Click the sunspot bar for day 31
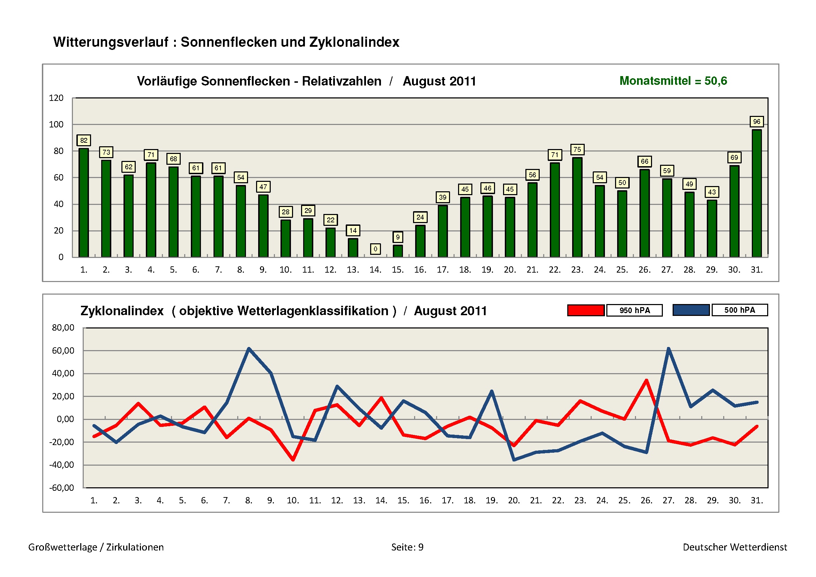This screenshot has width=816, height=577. point(756,194)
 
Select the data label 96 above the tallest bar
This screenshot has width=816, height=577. point(757,121)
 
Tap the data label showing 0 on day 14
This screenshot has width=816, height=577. point(375,249)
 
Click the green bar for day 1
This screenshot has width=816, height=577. point(83,203)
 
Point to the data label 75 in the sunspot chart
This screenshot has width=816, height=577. point(577,149)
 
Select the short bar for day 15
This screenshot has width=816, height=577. point(398,251)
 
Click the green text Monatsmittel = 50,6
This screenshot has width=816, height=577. point(673,81)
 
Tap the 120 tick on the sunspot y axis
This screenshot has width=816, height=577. point(56,98)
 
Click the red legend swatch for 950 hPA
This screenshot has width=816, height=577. point(586,310)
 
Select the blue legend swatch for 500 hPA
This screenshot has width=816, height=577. point(691,310)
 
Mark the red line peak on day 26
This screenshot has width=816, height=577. point(646,380)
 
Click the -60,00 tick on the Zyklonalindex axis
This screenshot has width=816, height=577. point(61,487)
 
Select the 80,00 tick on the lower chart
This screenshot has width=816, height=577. point(63,327)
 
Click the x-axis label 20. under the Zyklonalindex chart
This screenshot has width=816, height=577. point(514,500)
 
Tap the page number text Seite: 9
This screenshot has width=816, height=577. point(407,547)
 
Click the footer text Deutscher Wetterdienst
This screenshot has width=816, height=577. point(735,547)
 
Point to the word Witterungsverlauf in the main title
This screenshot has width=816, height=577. point(111,42)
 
